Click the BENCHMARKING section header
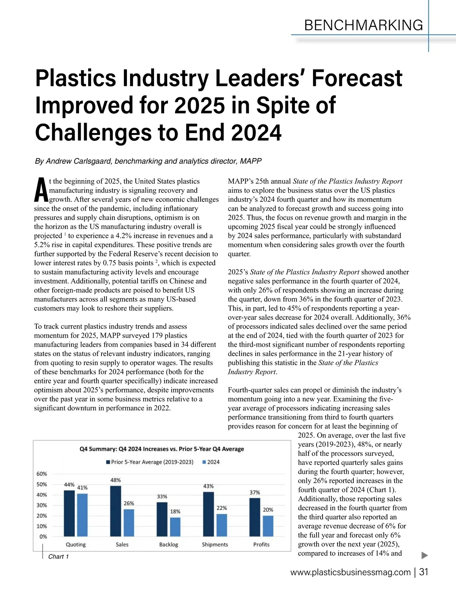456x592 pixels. point(363,25)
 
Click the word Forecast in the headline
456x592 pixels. point(357,78)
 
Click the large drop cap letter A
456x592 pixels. point(41,190)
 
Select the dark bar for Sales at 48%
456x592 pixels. point(116,511)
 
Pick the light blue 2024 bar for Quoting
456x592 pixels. point(82,515)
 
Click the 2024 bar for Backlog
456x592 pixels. point(175,527)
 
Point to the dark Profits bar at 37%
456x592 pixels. point(255,517)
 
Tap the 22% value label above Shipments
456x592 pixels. point(222,508)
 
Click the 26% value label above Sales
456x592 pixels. point(129,503)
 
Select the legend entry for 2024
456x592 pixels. point(211,462)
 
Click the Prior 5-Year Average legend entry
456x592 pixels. point(150,462)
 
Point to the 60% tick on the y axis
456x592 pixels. point(42,474)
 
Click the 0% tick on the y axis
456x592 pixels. point(43,537)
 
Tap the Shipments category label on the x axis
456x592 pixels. point(215,545)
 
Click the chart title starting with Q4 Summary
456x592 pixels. point(161,449)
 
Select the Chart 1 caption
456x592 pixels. point(59,557)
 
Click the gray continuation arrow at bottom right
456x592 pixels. point(425,556)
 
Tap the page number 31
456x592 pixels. point(424,572)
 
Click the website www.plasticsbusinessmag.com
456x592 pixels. point(350,573)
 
